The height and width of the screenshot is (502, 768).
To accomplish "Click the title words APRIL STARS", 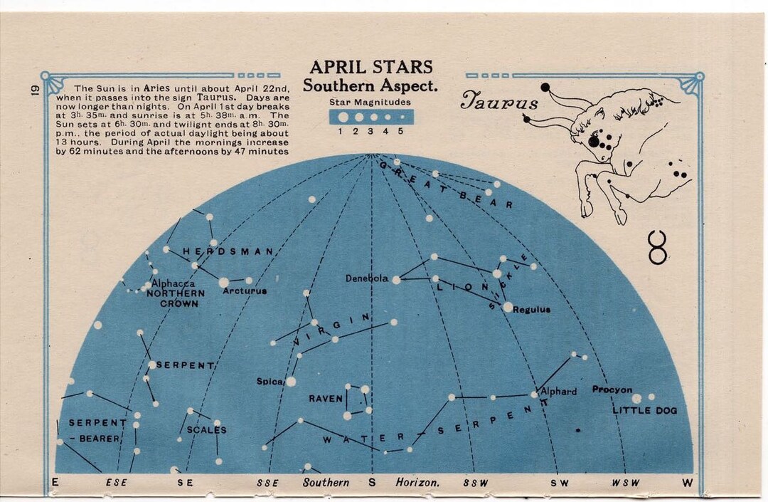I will coord(371,68).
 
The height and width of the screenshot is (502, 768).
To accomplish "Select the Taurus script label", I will coord(499,102).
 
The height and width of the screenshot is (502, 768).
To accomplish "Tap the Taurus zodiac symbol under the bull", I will coord(658,247).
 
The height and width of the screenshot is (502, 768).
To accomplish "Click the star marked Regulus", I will coord(508,307).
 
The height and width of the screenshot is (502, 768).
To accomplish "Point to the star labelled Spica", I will coord(291,382).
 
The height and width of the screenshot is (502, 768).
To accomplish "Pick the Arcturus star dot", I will coord(224,283).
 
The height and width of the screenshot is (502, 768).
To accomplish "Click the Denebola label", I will coord(367,278).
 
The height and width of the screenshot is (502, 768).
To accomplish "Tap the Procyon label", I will coord(612,389).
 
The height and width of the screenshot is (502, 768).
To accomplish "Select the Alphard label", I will coord(559,392).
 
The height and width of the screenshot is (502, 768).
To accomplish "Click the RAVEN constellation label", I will coord(326,399).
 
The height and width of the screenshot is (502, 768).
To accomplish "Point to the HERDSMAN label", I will coord(228,251).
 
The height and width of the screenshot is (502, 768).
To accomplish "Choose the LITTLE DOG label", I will coord(645,410).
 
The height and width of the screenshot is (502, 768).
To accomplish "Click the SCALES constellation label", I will coord(206,429).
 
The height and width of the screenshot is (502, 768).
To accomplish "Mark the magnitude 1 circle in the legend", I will coord(343,117).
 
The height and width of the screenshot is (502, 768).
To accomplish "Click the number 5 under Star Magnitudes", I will coord(400,131).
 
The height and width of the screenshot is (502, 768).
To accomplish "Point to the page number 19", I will coord(33,90).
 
